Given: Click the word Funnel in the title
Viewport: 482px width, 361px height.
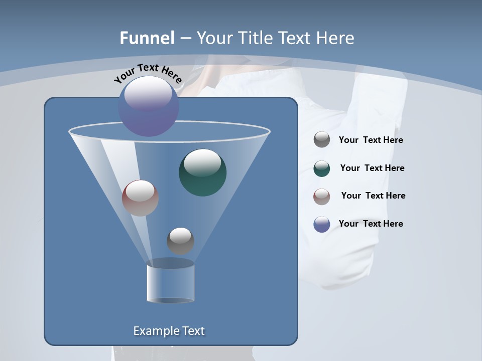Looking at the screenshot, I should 147,38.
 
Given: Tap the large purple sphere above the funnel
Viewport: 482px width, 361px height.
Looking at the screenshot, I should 148,106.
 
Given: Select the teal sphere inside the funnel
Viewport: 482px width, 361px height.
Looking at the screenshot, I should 202,172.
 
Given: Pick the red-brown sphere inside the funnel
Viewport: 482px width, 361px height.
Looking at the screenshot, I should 140,198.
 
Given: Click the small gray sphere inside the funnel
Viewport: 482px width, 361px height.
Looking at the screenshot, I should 180,241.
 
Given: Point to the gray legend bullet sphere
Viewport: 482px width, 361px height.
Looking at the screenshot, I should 322,140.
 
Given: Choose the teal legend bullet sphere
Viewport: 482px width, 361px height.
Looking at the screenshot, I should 322,168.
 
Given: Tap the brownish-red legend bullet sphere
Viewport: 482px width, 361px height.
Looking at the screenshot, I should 322,196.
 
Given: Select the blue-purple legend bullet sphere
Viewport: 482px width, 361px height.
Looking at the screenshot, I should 322,224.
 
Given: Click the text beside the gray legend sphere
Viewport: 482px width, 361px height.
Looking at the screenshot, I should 371,140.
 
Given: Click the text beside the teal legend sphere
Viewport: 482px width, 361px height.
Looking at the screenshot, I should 372,168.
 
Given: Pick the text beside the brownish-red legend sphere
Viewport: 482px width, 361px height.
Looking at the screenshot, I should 373,196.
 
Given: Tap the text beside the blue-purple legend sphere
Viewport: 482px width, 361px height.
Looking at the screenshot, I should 371,224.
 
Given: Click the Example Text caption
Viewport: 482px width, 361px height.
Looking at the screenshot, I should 169,331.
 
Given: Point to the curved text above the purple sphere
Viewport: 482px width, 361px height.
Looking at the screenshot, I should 148,73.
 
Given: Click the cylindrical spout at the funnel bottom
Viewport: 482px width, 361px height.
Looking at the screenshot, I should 170,283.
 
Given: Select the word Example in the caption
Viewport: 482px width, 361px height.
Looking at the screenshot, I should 153,331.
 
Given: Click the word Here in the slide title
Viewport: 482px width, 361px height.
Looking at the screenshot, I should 336,38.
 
